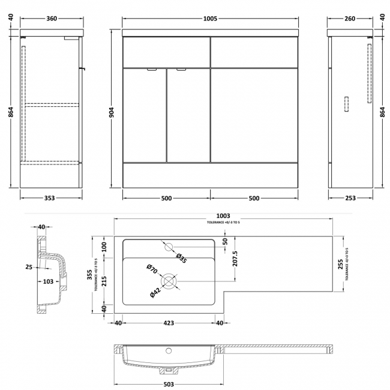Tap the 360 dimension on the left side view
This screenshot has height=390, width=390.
pyautogui.click(x=52, y=19)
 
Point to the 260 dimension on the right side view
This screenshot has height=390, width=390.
pyautogui.click(x=351, y=19)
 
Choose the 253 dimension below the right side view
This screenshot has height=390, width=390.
pyautogui.click(x=350, y=198)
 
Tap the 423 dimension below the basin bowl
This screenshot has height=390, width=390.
pyautogui.click(x=169, y=323)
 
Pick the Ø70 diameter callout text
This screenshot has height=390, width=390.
pyautogui.click(x=152, y=269)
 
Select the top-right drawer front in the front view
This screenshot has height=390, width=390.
pyautogui.click(x=254, y=52)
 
